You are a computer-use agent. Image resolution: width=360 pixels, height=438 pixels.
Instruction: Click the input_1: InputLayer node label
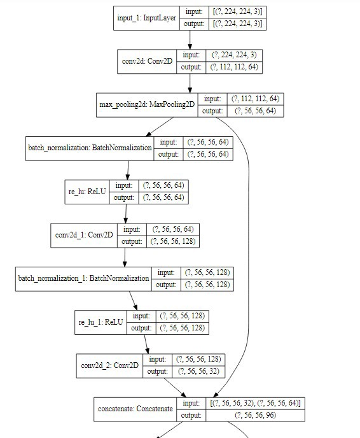click(x=147, y=18)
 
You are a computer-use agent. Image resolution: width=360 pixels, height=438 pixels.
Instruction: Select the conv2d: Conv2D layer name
click(x=147, y=62)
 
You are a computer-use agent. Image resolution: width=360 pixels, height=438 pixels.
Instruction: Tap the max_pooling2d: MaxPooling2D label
click(x=146, y=105)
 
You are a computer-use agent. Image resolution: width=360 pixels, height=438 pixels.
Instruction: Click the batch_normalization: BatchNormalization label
click(x=90, y=148)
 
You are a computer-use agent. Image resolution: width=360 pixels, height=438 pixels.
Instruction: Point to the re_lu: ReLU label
click(x=83, y=192)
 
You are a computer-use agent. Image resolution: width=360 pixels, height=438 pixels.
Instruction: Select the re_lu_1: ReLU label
click(x=100, y=322)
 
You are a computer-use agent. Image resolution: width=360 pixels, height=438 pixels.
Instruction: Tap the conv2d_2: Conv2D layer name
click(x=109, y=365)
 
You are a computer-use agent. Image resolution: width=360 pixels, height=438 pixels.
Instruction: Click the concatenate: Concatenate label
click(x=135, y=409)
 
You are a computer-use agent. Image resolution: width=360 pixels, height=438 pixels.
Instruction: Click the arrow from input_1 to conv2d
click(x=190, y=39)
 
